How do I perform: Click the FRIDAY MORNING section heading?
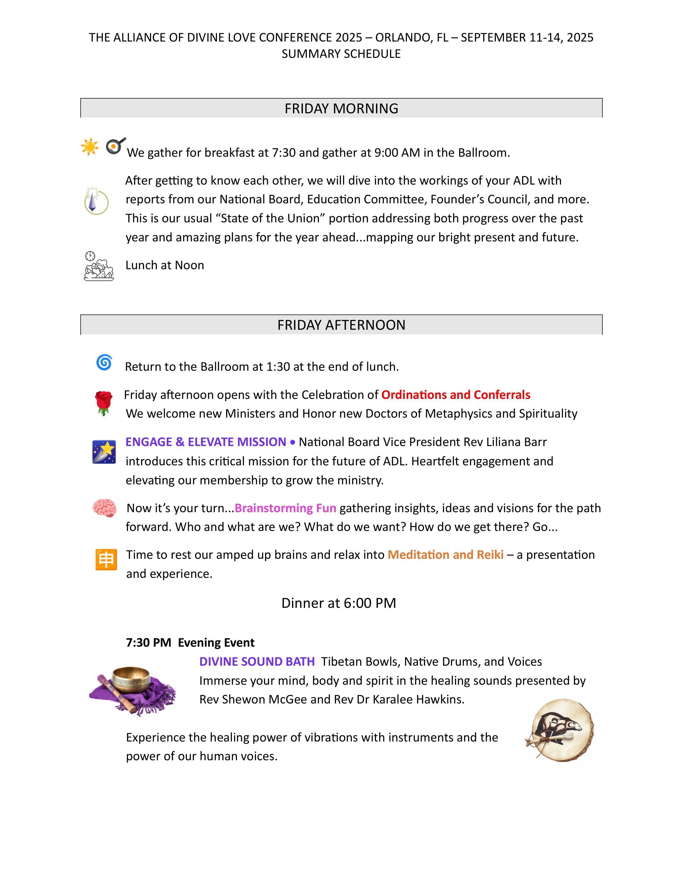tap(341, 108)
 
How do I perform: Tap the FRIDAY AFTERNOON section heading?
tap(341, 325)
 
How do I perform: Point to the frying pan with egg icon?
tap(115, 146)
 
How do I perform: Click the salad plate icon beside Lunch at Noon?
tap(98, 267)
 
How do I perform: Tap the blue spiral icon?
tap(104, 362)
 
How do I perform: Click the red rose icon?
tap(104, 403)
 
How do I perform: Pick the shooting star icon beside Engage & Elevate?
tap(104, 452)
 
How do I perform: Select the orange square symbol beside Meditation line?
tap(106, 560)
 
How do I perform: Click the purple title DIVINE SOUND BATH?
tap(257, 661)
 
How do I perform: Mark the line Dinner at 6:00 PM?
tap(339, 603)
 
